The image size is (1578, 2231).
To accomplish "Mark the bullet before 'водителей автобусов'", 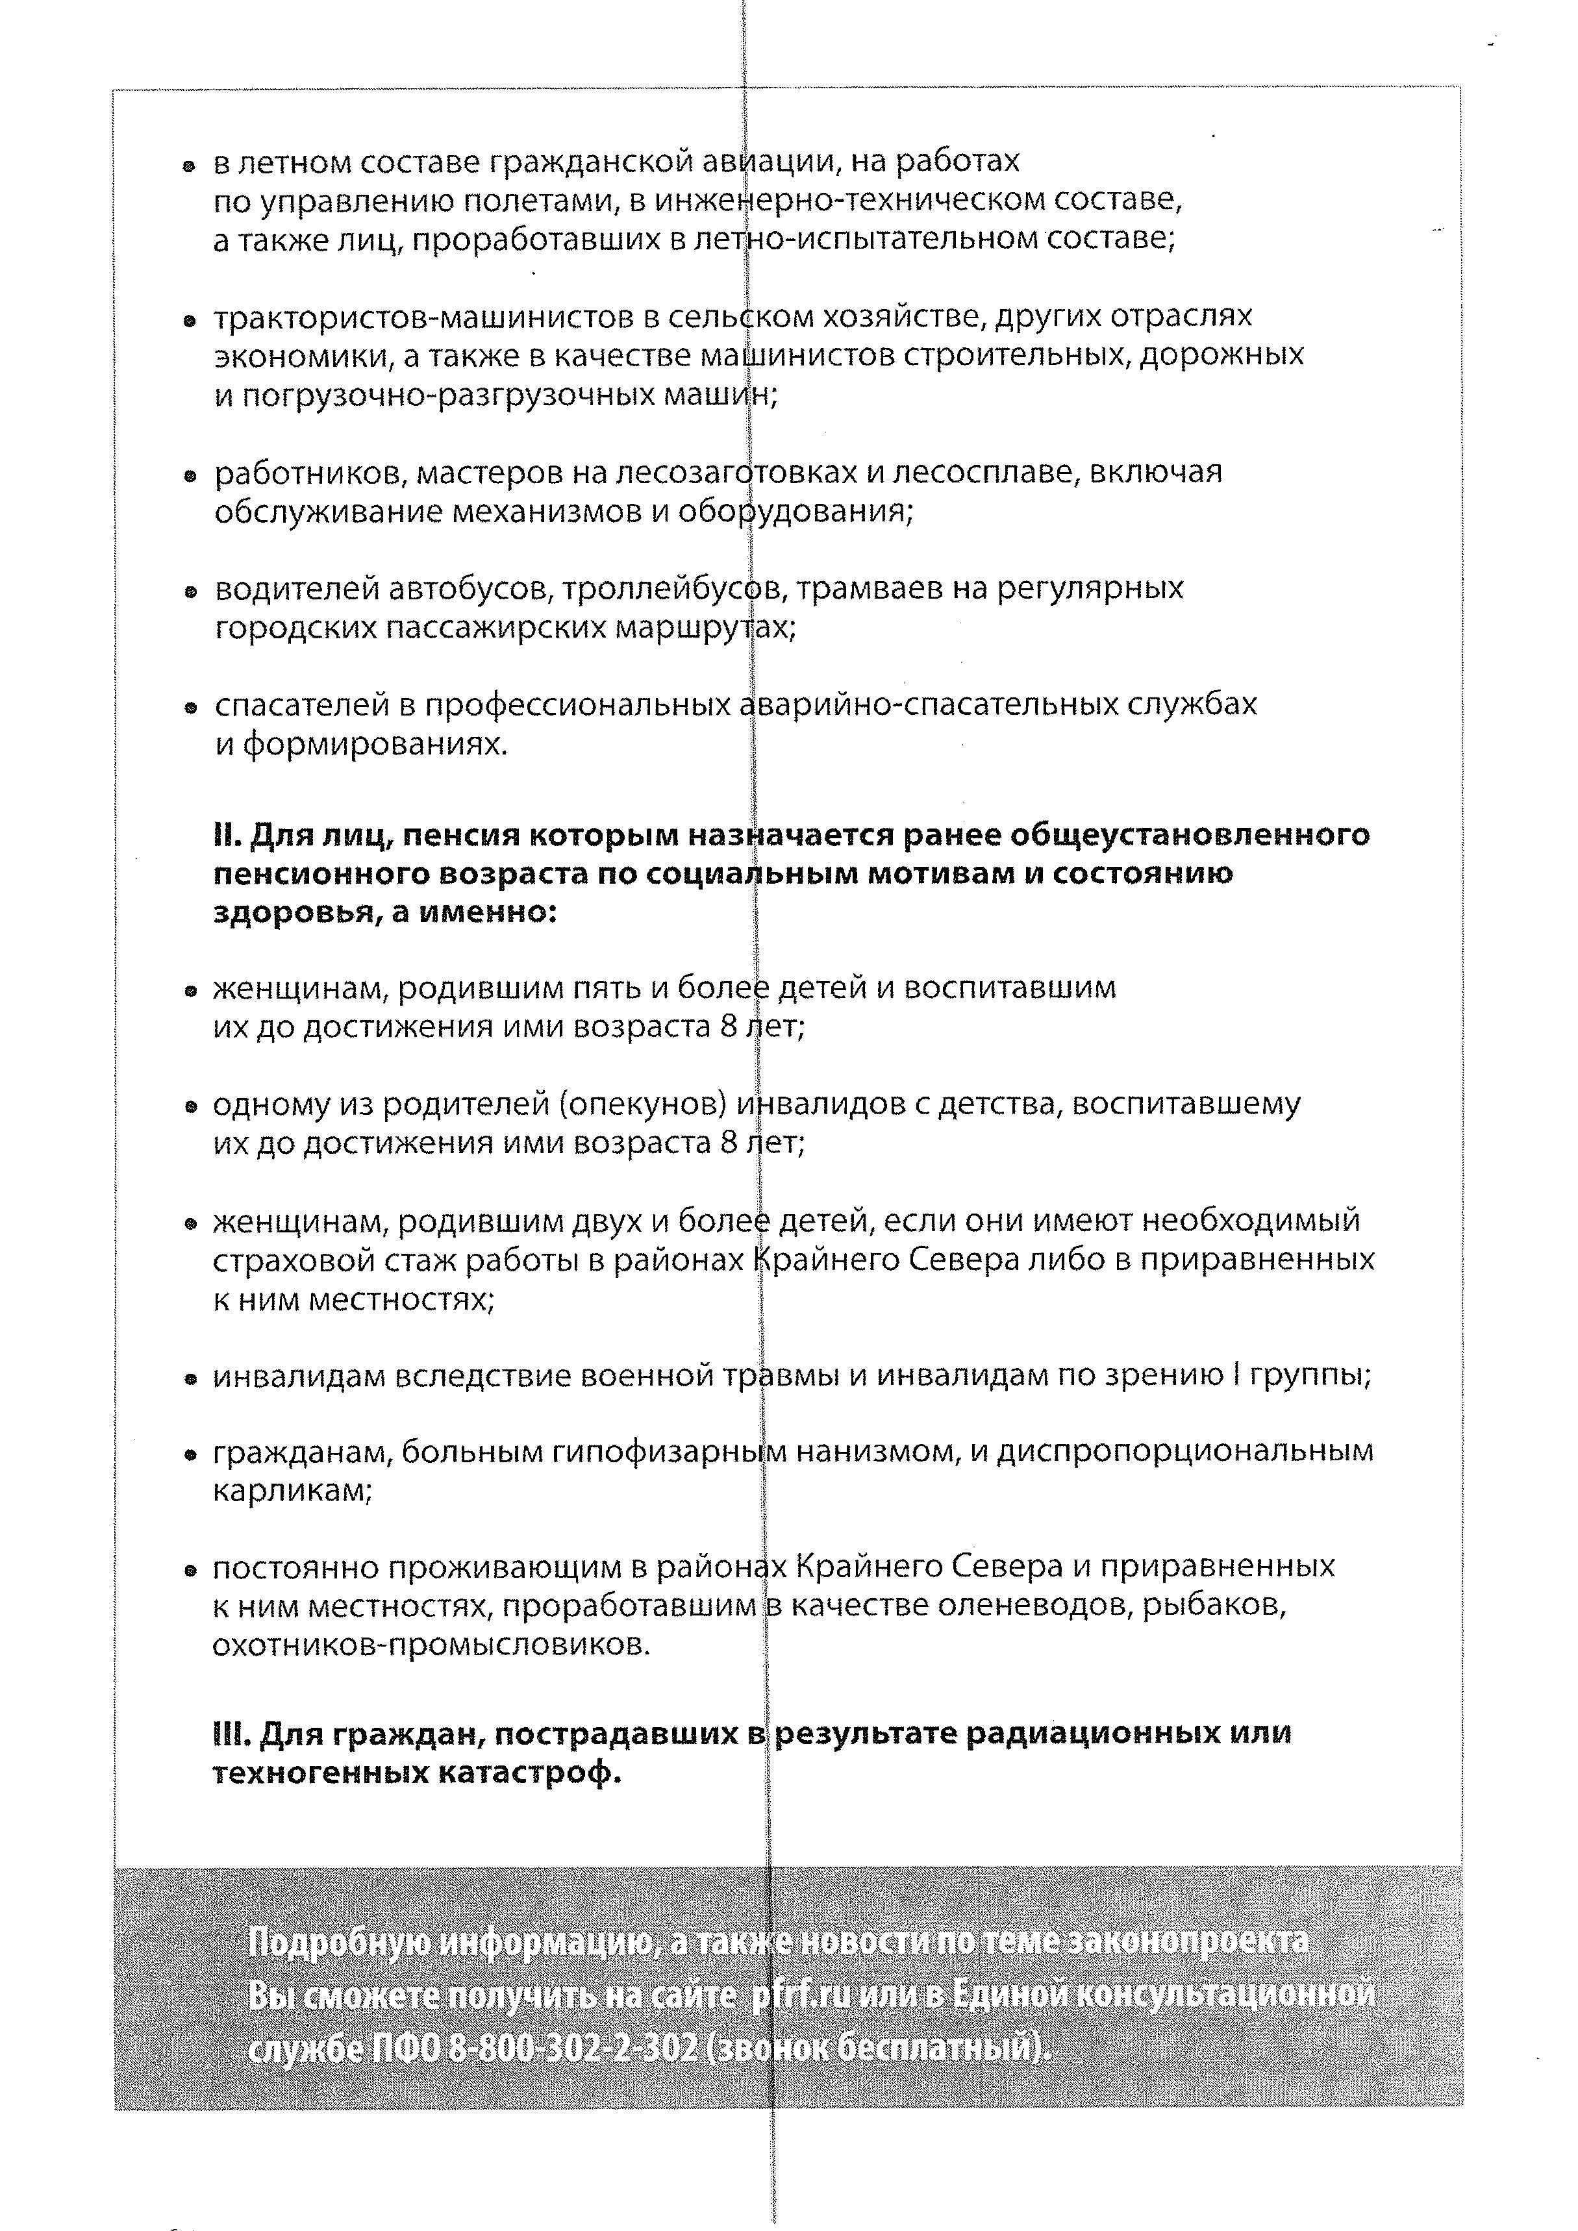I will point(192,592).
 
